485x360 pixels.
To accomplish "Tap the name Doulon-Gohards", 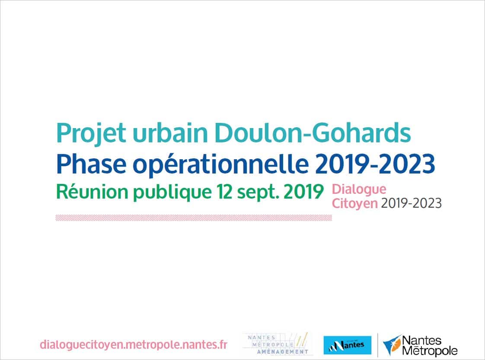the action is click(x=313, y=132).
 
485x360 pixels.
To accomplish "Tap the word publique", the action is click(x=172, y=193).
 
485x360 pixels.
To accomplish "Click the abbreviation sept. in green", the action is click(x=258, y=193).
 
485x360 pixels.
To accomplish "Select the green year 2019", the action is click(x=303, y=192).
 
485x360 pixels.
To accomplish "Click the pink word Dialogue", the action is click(x=359, y=190).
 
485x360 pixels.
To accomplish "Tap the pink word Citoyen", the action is click(x=355, y=203).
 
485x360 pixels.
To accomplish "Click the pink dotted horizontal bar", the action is click(x=194, y=218).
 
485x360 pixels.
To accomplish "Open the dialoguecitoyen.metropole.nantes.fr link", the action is click(x=134, y=345).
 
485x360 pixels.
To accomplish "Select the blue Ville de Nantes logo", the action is click(x=348, y=345).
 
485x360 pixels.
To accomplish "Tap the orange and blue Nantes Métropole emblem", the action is click(x=392, y=345).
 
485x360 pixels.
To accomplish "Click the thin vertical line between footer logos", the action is click(x=377, y=345).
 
